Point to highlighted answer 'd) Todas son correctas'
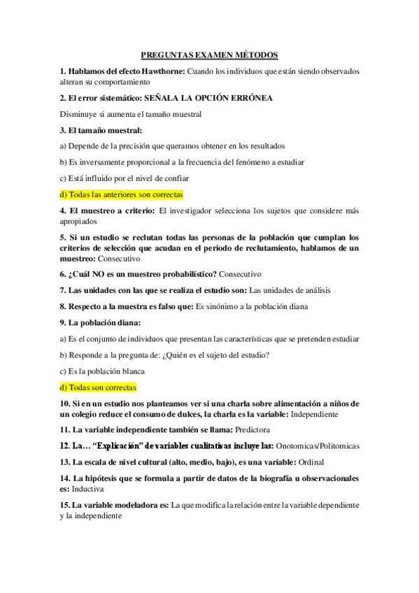(x=98, y=387)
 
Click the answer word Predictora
(x=253, y=429)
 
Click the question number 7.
(x=62, y=290)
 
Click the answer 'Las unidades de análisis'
(x=290, y=290)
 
